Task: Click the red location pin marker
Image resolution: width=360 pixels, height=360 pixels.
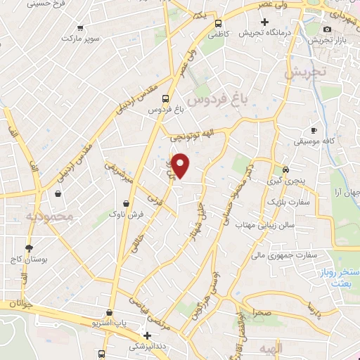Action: click(x=181, y=165)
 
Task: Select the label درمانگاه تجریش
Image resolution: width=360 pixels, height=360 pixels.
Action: click(x=264, y=33)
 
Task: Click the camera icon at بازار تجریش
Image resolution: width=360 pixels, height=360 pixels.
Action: click(x=327, y=29)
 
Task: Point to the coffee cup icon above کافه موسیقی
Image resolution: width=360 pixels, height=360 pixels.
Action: click(x=314, y=130)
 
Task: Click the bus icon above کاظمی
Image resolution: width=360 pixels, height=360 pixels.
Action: click(x=219, y=22)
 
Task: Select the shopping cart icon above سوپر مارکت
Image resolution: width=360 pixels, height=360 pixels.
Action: click(x=79, y=29)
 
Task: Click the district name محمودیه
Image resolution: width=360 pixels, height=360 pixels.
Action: click(x=49, y=217)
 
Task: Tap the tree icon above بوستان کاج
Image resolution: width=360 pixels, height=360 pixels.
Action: click(x=29, y=248)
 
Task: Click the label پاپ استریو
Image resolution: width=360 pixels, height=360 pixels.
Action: click(x=109, y=323)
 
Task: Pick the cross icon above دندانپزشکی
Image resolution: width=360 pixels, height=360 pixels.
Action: click(x=146, y=336)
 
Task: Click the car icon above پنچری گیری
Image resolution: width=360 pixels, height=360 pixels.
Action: click(x=285, y=170)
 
